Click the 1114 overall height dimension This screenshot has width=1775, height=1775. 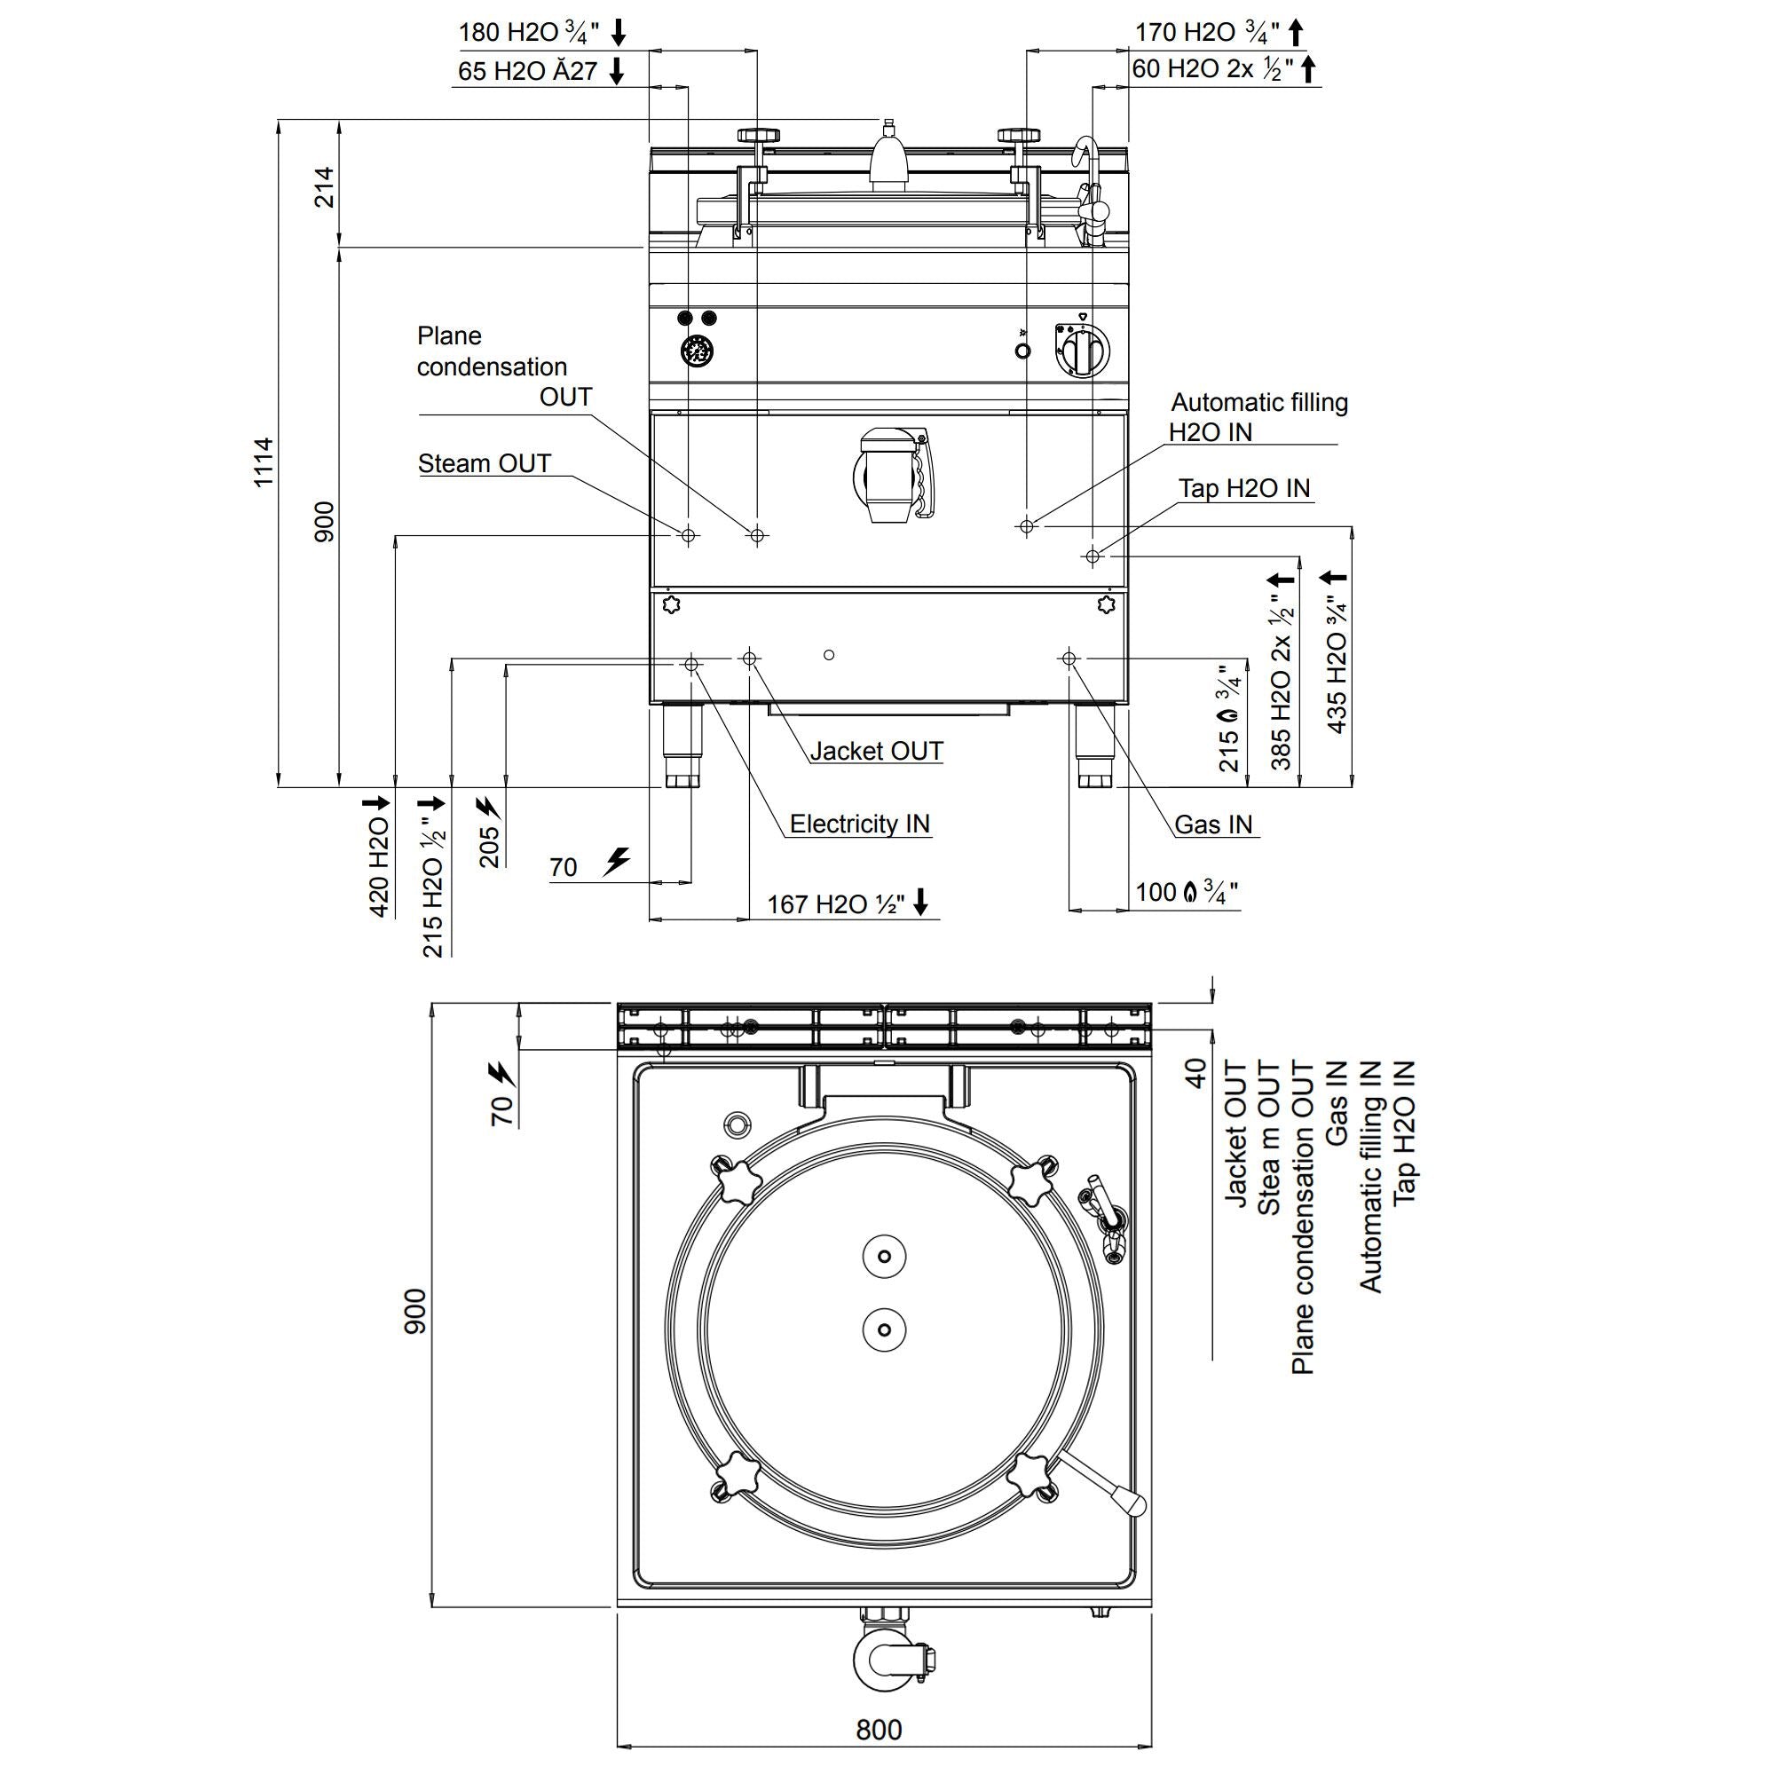click(264, 461)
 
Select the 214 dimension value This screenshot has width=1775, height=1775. click(324, 186)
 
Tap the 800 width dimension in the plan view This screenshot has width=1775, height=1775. click(879, 1730)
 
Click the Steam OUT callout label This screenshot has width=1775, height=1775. click(485, 463)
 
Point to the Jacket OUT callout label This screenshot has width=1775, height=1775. click(877, 751)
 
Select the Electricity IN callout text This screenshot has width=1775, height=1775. click(859, 824)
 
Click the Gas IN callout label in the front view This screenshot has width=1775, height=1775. click(1212, 824)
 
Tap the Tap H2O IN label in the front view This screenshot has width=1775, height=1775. click(1244, 488)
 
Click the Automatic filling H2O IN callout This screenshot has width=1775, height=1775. click(1258, 416)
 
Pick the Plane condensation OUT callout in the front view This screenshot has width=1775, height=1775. click(493, 367)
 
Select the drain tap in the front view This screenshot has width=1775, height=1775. click(889, 474)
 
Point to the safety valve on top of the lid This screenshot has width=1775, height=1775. click(888, 156)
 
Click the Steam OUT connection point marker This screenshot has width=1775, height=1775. click(688, 534)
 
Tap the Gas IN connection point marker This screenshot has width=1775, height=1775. click(1069, 658)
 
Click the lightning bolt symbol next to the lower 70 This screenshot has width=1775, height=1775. click(618, 861)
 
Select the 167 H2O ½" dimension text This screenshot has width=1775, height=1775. click(836, 904)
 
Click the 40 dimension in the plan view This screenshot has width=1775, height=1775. click(1195, 1073)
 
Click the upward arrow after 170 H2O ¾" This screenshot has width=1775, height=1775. click(1296, 32)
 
